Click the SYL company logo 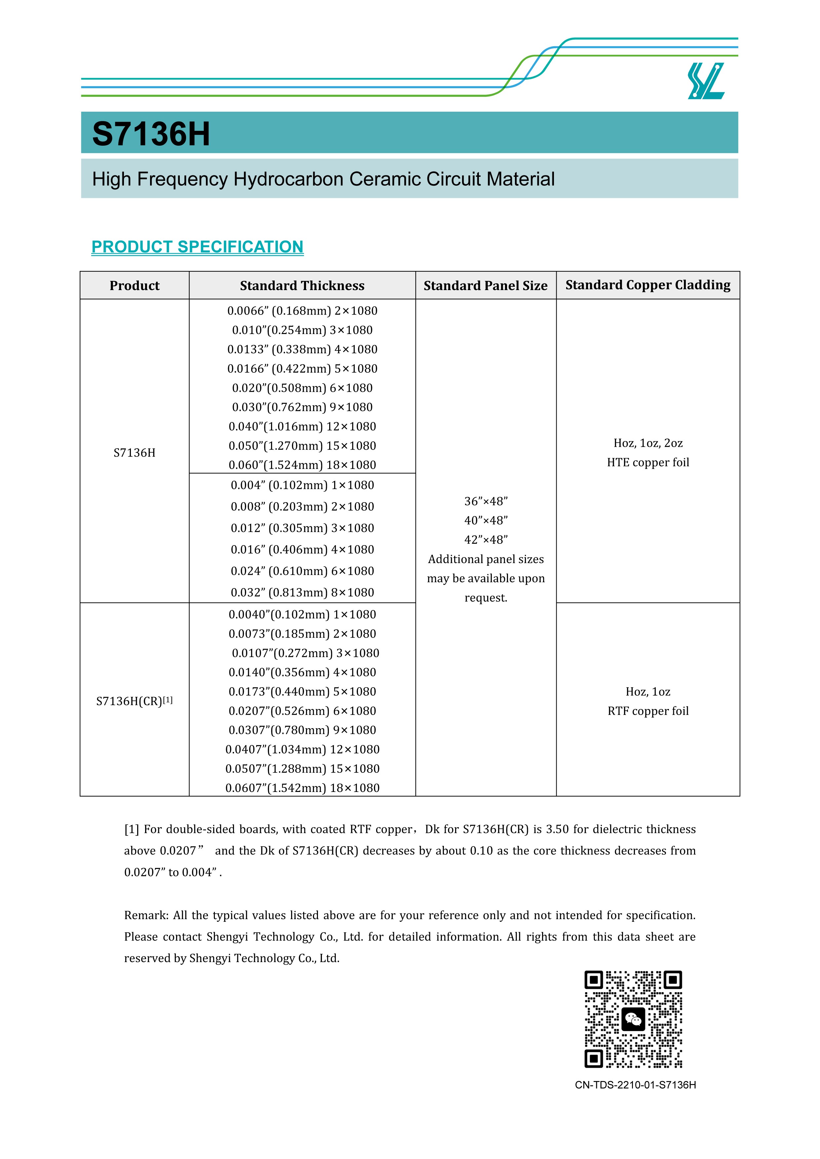(x=706, y=81)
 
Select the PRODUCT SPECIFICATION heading (x=197, y=247)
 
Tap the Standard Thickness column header (x=302, y=286)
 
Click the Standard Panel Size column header (x=485, y=286)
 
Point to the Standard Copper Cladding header (x=648, y=285)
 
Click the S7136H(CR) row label (x=134, y=701)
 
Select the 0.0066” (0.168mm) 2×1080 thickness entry (x=302, y=311)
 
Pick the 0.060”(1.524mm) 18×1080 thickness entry (x=302, y=465)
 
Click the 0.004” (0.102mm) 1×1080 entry (x=302, y=485)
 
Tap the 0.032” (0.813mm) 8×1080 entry (x=302, y=593)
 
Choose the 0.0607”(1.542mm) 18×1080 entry (x=302, y=788)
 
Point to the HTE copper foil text (x=648, y=463)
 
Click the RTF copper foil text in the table (x=648, y=711)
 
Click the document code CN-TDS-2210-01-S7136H (x=635, y=1085)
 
